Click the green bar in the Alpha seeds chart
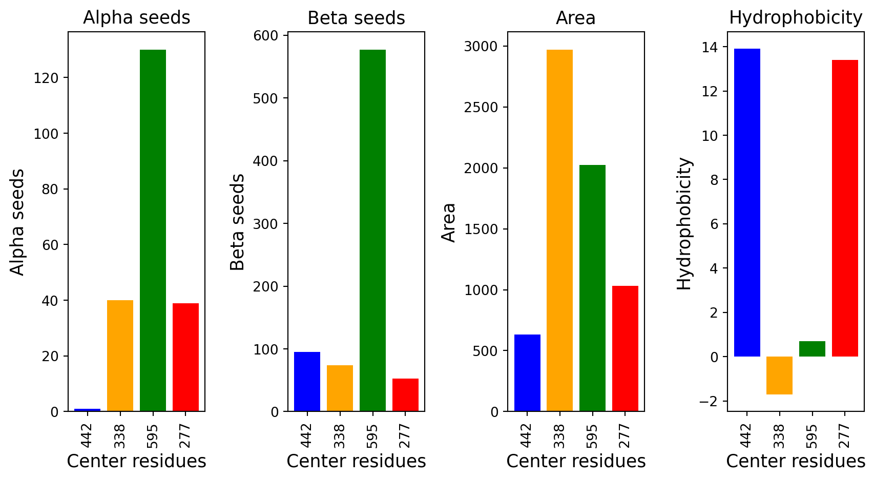[x=153, y=230]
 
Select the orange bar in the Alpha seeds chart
[x=120, y=356]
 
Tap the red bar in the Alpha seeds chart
[x=186, y=357]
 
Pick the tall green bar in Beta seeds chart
[x=372, y=230]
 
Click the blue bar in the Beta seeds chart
[x=307, y=382]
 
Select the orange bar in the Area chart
[x=559, y=230]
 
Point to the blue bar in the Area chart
[x=527, y=373]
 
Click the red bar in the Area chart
[x=625, y=348]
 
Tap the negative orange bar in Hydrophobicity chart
[x=779, y=375]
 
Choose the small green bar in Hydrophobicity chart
[x=812, y=349]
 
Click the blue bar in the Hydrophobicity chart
[x=747, y=202]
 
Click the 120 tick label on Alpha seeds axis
[x=46, y=78]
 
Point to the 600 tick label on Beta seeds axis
[x=266, y=35]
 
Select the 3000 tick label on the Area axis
[x=481, y=47]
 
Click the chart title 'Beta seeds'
[x=356, y=18]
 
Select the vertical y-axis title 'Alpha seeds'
[x=17, y=222]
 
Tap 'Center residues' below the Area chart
[x=576, y=461]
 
